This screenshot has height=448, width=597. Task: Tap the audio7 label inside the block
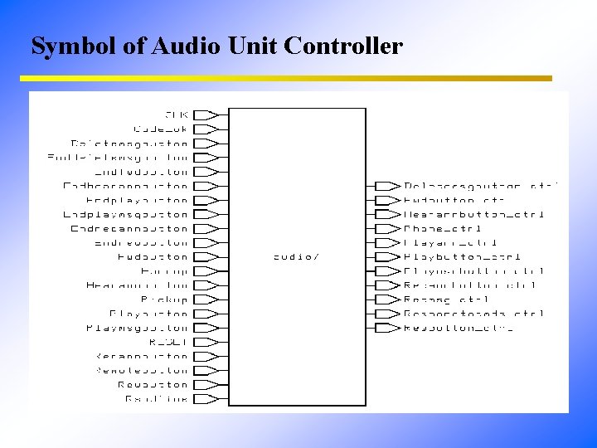coord(296,256)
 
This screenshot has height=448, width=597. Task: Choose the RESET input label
coord(168,342)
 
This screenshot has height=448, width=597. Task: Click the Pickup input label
coord(164,299)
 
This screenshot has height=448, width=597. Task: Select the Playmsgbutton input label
coord(137,328)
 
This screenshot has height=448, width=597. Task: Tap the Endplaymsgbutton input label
coord(125,214)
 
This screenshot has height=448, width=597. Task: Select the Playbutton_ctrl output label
coord(462,256)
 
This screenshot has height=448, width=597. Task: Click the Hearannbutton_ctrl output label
coord(473,214)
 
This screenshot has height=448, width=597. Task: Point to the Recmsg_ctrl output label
coord(446,299)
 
